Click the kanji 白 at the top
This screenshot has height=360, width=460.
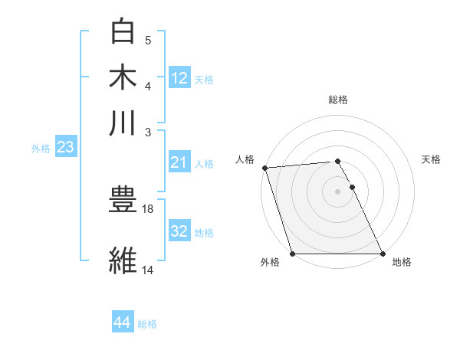123,33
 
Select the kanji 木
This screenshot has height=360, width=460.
123,78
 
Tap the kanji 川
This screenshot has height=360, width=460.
123,123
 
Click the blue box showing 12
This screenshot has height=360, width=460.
179,77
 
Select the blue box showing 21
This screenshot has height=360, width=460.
179,162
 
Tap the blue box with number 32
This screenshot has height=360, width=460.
179,231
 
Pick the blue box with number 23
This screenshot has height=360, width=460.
65,148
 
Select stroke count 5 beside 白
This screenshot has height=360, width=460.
148,41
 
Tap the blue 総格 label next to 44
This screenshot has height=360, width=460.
147,324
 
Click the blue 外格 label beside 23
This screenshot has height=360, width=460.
41,149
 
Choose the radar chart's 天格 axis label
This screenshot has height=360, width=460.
431,159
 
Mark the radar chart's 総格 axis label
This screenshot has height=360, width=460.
338,100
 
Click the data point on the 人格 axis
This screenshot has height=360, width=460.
264,168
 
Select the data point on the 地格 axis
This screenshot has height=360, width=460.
383,254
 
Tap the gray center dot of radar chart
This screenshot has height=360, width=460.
338,191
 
